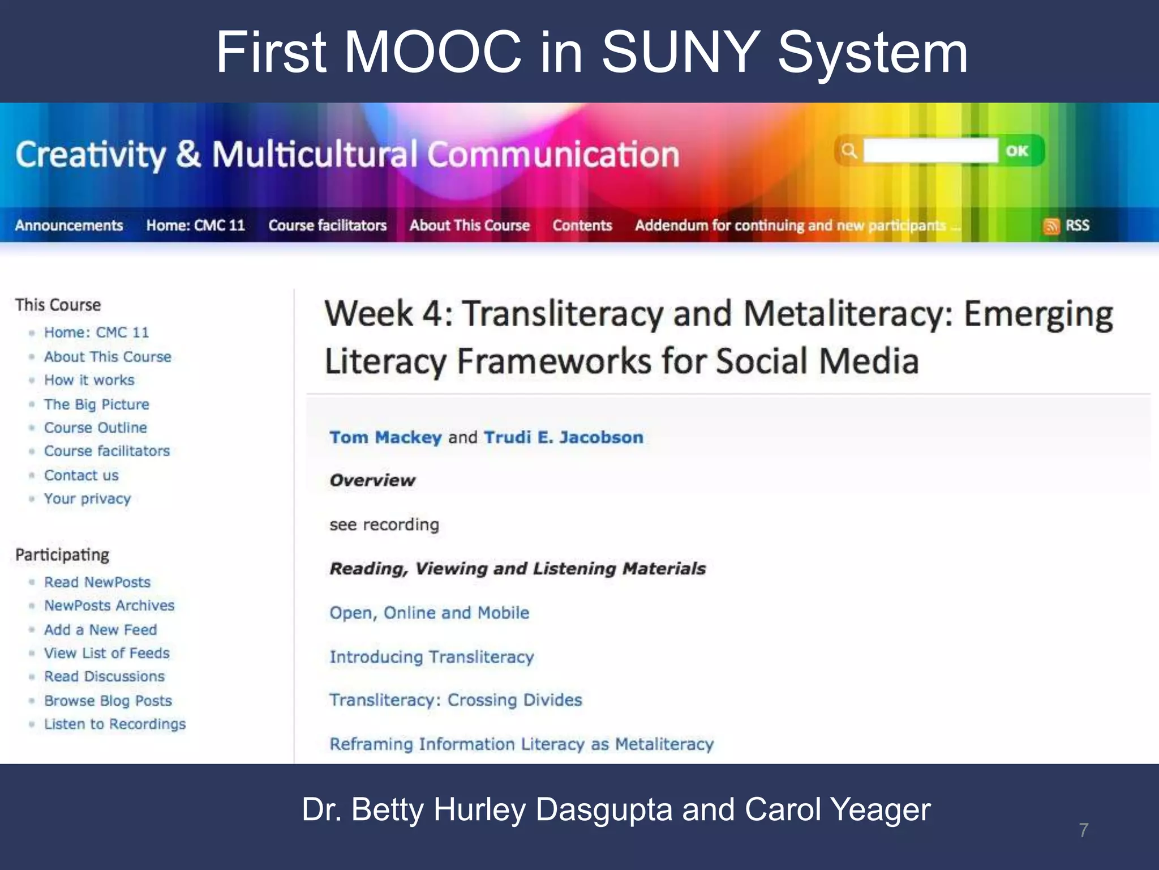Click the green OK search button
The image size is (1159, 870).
tap(1017, 151)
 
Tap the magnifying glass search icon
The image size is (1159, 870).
tap(848, 151)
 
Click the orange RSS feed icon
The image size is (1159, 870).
tap(1051, 226)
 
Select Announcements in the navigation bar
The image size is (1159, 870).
tap(69, 225)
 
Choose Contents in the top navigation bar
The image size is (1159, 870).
tap(582, 225)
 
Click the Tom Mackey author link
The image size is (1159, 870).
tap(385, 437)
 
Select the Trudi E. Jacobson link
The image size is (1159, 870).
tap(564, 437)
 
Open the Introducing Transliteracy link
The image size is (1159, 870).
tap(432, 657)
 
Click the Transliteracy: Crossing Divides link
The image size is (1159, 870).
tap(456, 700)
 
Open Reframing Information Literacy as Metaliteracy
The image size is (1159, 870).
tap(521, 744)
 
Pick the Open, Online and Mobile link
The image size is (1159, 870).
tap(430, 613)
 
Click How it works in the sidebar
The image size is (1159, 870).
tap(89, 380)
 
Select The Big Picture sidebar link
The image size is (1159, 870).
tap(97, 404)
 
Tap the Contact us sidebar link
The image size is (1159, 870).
tap(81, 475)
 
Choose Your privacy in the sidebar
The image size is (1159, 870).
tap(88, 499)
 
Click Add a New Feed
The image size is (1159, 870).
tap(101, 630)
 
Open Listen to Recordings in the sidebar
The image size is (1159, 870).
tap(115, 724)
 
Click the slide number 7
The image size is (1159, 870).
tap(1083, 830)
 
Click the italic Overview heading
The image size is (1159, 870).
tap(372, 480)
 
